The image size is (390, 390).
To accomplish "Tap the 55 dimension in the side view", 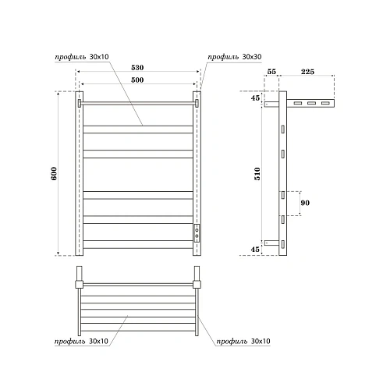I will pyautogui.click(x=271, y=71).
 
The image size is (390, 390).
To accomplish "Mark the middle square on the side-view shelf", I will pyautogui.click(x=310, y=103).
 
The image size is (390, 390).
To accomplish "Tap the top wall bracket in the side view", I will pyautogui.click(x=271, y=103).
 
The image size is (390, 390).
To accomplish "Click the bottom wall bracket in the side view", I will pyautogui.click(x=271, y=243).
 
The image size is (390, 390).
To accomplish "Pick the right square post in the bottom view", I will pyautogui.click(x=197, y=276).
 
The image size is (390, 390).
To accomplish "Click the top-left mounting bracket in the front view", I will pyautogui.click(x=79, y=102).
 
